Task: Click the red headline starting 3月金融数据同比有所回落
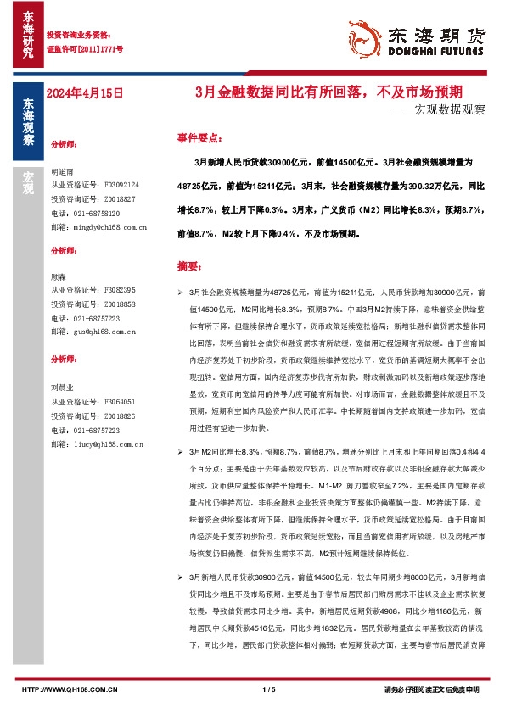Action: (339, 92)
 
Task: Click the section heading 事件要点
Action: (199, 137)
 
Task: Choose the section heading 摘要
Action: (188, 265)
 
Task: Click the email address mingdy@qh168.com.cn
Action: (99, 227)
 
